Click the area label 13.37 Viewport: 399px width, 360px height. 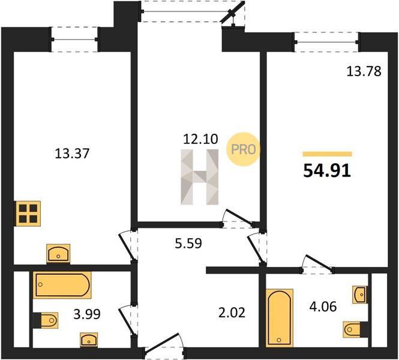coord(72,154)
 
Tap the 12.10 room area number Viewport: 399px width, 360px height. coord(200,139)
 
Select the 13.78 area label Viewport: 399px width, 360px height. coord(364,71)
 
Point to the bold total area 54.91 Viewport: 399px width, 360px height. coord(327,171)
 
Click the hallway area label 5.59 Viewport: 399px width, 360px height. coord(188,243)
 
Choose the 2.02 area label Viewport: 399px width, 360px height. coord(232,313)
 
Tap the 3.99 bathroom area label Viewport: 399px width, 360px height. coord(87,314)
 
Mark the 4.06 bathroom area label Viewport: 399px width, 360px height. coord(323,307)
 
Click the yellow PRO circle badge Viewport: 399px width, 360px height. coord(243,149)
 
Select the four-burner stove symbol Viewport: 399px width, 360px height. coord(28,214)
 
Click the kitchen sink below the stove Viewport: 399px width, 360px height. coord(58,254)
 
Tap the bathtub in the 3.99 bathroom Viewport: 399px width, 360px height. coord(62,285)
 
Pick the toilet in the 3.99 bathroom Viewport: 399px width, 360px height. coord(46,320)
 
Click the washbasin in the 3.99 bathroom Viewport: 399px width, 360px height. coord(89,340)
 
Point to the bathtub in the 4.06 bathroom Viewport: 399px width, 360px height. coord(280,318)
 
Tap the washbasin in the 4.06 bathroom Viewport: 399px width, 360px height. coord(360,295)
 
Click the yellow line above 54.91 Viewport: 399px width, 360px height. coord(327,154)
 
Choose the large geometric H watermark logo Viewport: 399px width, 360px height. coord(199,177)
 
